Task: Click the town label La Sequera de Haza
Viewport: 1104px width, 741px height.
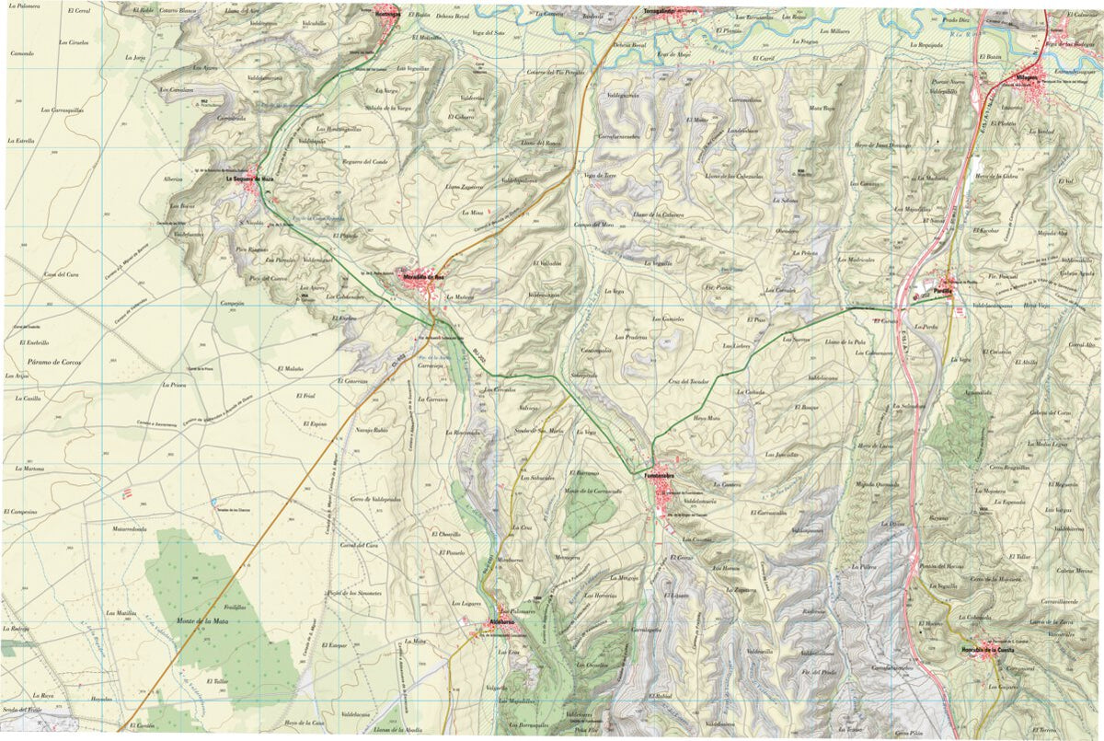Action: point(250,179)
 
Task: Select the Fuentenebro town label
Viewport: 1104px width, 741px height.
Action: point(659,475)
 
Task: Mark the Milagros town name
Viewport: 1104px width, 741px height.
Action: point(1026,77)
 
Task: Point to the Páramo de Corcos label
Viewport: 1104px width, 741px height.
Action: point(44,363)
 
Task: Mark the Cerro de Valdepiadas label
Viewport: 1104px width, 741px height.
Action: point(375,499)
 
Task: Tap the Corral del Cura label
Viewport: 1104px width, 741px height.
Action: point(360,546)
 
